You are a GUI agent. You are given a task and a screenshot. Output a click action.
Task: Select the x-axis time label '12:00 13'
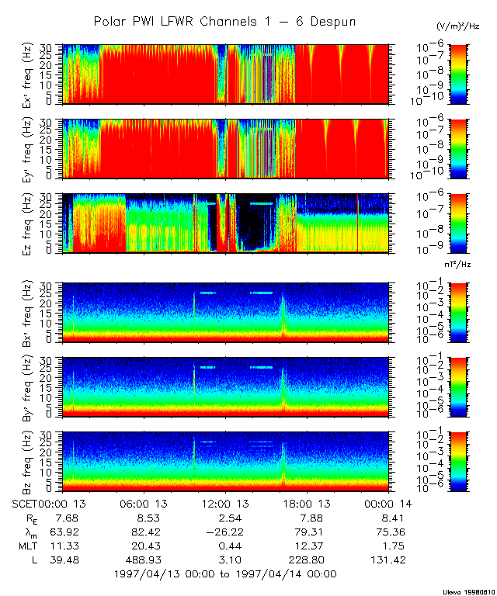(224, 504)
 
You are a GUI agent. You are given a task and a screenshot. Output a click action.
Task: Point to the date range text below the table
(225, 574)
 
